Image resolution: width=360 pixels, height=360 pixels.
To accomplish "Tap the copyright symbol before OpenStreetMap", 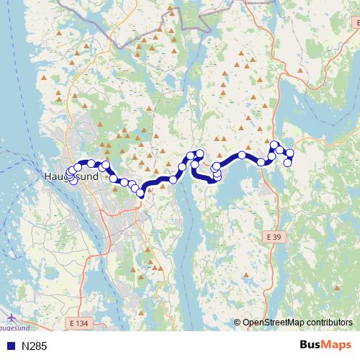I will tap(238, 323).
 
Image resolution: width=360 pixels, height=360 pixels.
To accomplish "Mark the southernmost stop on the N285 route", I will tap(140, 194).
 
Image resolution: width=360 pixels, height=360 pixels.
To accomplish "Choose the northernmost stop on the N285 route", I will tap(274, 145).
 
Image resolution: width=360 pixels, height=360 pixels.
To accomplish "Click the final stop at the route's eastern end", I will tap(287, 163).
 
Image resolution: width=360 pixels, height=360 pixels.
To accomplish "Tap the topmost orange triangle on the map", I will tap(171, 9).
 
